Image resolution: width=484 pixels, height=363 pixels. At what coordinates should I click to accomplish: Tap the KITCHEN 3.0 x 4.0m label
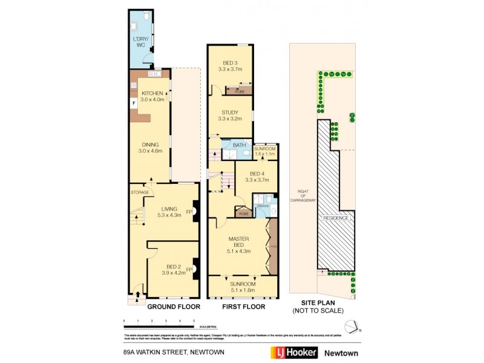(152, 96)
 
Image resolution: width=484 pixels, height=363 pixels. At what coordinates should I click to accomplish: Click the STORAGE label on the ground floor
(139, 192)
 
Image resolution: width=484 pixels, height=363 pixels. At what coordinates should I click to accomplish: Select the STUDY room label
(230, 115)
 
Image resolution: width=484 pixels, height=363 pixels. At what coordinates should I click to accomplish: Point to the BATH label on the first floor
(239, 145)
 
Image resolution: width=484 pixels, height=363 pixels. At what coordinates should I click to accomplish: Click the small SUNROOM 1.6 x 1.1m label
(264, 151)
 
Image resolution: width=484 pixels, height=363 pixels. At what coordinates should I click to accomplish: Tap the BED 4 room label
(249, 177)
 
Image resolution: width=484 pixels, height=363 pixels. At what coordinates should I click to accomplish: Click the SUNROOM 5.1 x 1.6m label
(242, 287)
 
